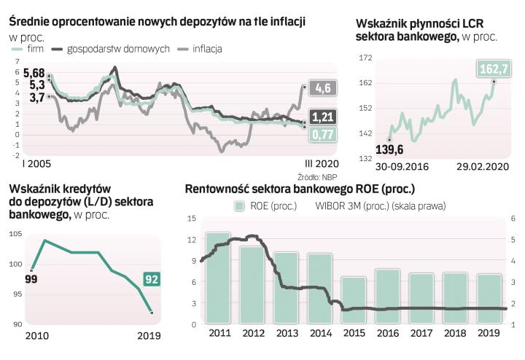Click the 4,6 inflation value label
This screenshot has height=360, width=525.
pos(324,88)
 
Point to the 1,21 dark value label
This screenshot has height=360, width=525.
pos(323,117)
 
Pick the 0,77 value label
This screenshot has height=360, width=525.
pos(323,134)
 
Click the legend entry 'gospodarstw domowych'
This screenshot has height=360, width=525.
pos(117,49)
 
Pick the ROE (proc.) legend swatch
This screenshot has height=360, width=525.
pos(238,206)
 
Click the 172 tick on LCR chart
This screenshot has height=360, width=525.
pos(365,58)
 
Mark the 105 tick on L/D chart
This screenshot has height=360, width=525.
pos(16,234)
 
